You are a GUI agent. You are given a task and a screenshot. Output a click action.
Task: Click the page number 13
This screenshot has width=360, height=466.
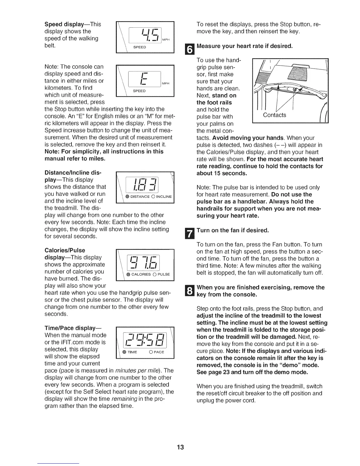pyautogui.click(x=180, y=447)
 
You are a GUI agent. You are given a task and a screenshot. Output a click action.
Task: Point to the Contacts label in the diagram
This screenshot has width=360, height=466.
pyautogui.click(x=274, y=115)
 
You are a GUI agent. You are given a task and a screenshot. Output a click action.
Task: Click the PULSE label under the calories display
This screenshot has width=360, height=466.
pyautogui.click(x=164, y=274)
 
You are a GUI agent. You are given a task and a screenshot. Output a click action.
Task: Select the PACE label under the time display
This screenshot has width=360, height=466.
pyautogui.click(x=159, y=352)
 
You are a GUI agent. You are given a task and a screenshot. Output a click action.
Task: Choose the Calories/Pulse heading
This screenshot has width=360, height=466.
pyautogui.click(x=64, y=250)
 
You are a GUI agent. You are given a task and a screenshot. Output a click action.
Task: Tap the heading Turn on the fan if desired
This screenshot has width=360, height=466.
pyautogui.click(x=232, y=230)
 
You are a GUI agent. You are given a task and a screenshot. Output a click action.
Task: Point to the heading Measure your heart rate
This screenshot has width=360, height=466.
pyautogui.click(x=244, y=46)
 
